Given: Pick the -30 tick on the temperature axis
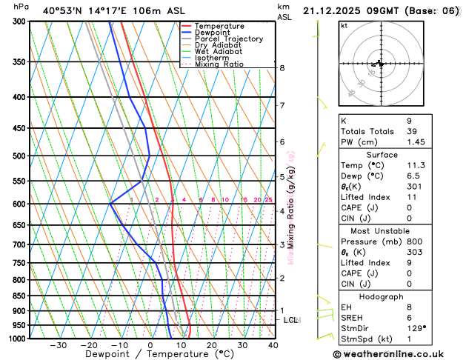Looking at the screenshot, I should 59,345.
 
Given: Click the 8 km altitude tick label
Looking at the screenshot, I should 282,68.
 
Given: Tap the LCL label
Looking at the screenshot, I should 291,320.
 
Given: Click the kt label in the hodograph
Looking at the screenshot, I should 344,26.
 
